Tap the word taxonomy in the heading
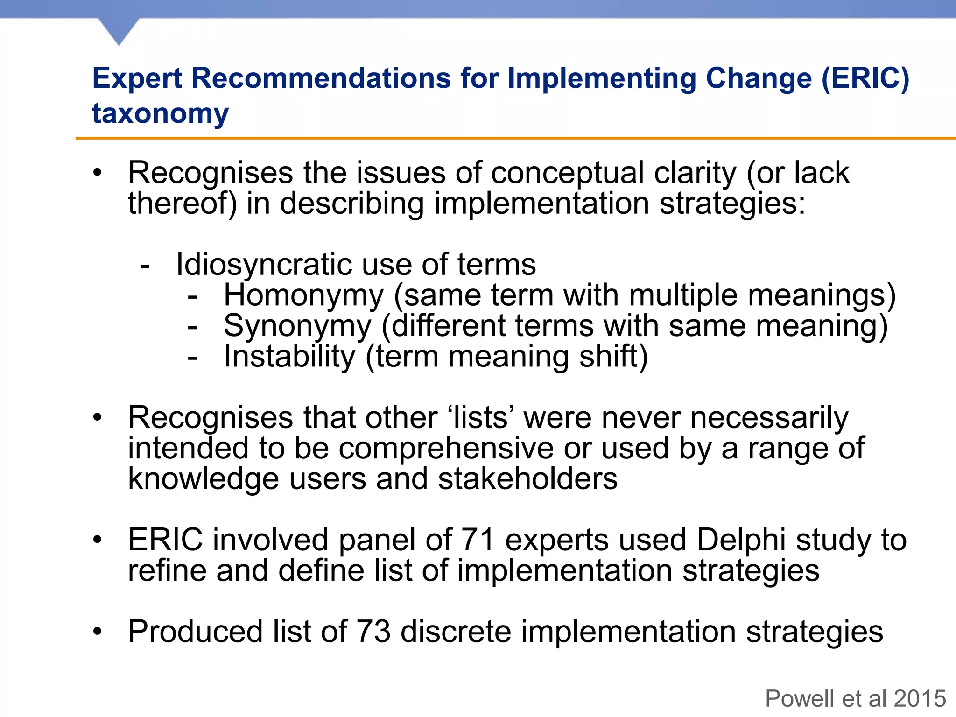160,113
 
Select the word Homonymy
303,295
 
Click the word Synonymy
297,326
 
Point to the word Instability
289,357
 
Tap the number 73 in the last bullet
373,632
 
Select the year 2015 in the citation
920,699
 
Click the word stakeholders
527,479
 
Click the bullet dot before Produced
97,632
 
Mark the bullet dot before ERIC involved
97,541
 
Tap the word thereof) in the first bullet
182,204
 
